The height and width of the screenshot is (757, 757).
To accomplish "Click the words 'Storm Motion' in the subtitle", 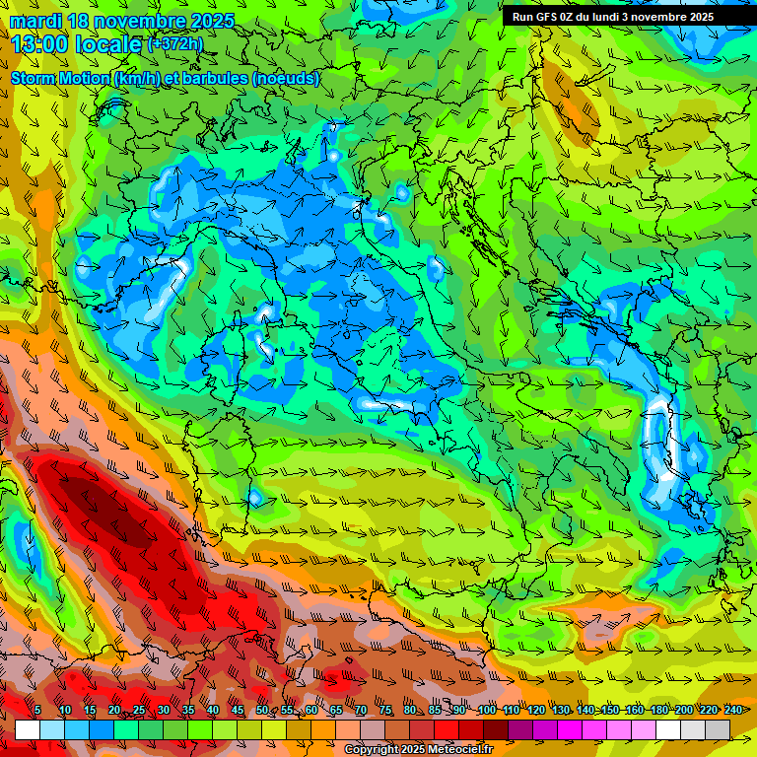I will (x=59, y=78).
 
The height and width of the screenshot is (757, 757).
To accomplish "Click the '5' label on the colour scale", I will (x=37, y=710).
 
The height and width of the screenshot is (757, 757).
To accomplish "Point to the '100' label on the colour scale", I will (x=486, y=710).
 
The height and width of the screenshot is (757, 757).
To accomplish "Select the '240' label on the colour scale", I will (x=733, y=710).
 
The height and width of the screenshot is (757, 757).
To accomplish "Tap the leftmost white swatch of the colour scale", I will (x=28, y=729).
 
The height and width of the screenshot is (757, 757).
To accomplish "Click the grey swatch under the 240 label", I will (x=718, y=729).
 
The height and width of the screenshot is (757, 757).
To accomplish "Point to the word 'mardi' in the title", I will (x=34, y=21).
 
